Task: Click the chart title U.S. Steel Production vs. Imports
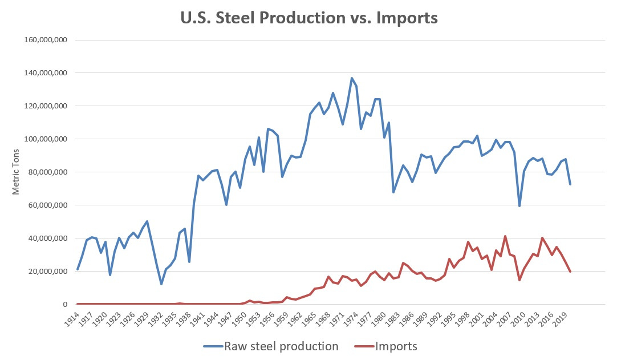(308, 18)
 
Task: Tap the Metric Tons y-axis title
(17, 172)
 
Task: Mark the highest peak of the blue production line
(352, 78)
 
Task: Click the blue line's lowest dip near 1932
(161, 284)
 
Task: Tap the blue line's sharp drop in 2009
(519, 206)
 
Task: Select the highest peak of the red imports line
(505, 236)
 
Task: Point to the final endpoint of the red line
(570, 272)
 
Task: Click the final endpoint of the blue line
(570, 184)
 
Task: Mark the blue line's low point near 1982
(393, 192)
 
